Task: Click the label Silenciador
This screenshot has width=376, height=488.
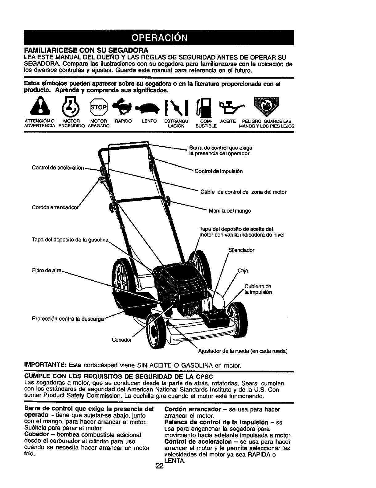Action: pyautogui.click(x=241, y=250)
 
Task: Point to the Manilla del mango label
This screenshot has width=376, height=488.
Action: pyautogui.click(x=230, y=211)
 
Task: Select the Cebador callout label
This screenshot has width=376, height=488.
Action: pyautogui.click(x=121, y=340)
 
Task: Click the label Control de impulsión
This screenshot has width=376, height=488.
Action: pyautogui.click(x=219, y=171)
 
